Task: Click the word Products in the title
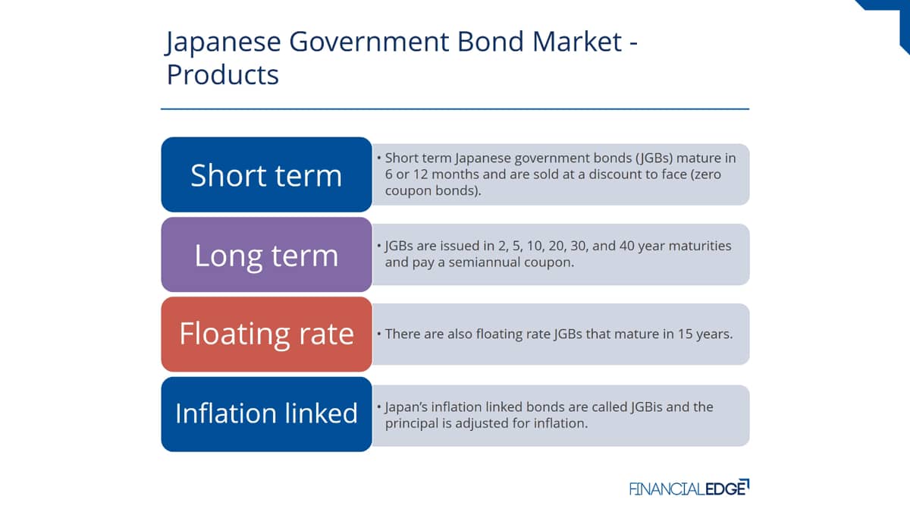[x=223, y=74]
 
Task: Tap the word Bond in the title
[x=491, y=42]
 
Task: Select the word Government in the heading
[x=369, y=42]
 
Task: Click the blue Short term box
[x=266, y=174]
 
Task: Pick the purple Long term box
[x=266, y=254]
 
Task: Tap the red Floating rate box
[x=266, y=334]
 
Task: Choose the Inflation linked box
[x=266, y=414]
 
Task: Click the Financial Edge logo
[x=689, y=488]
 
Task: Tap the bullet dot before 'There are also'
[x=379, y=334]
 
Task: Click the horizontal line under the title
[x=455, y=109]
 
